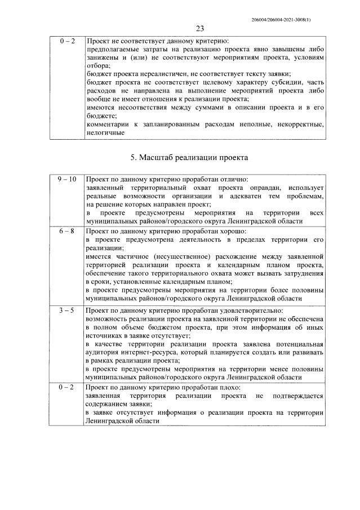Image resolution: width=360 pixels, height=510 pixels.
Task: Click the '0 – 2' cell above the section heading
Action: point(66,42)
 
